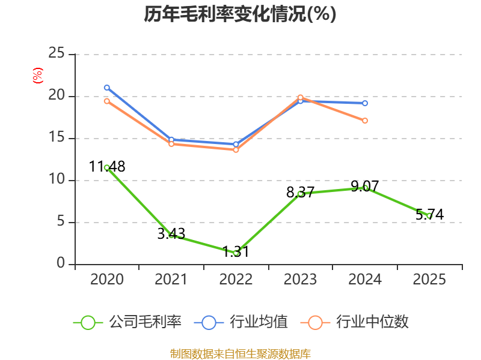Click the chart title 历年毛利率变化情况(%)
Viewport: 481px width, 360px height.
pos(240,14)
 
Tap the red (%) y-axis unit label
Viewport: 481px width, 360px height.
pos(38,76)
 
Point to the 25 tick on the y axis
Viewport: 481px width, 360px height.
pos(57,53)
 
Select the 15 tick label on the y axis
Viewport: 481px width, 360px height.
pos(57,137)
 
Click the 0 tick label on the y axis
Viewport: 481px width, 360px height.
pos(61,263)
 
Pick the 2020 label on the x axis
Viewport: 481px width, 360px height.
pos(107,279)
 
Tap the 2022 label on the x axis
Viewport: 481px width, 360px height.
pos(236,279)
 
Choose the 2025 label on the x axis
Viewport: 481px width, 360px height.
pos(429,279)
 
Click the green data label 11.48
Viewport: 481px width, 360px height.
pos(107,167)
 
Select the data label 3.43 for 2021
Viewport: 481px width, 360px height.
pos(171,234)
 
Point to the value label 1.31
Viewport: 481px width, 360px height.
pos(236,252)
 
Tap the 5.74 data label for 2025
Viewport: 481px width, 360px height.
pos(429,215)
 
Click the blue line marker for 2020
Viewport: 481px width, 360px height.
pos(107,88)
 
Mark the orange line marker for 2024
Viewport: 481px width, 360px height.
pos(365,121)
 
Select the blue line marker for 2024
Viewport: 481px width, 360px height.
pos(365,103)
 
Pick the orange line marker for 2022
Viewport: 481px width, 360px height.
pos(236,149)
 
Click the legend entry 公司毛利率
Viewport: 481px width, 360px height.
pos(127,322)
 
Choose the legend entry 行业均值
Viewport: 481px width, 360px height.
pos(241,322)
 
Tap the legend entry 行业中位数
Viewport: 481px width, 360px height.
pos(355,322)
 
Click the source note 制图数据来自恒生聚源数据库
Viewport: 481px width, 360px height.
pos(240,354)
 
